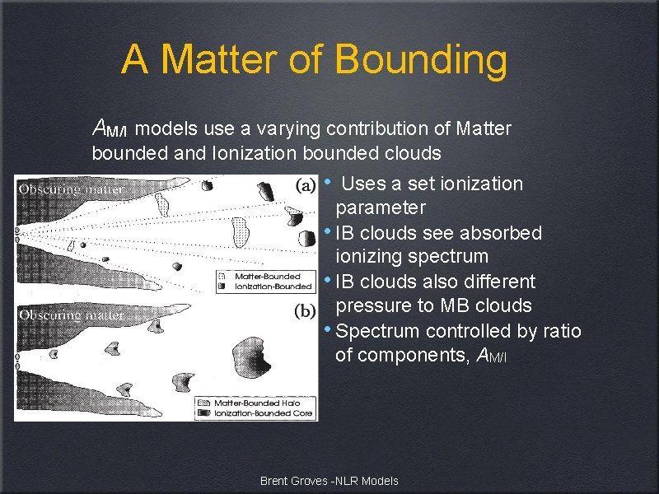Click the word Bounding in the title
coord(421,60)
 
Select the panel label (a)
coord(304,185)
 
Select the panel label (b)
coord(304,311)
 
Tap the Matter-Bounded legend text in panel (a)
coord(267,276)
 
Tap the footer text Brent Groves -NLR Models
coord(329,481)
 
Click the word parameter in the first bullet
coord(381,207)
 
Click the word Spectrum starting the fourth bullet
coord(376,331)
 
